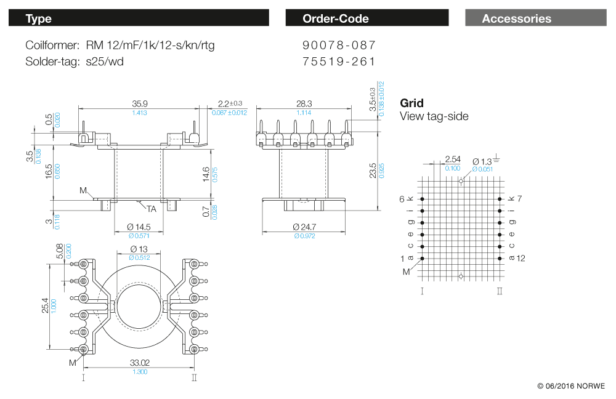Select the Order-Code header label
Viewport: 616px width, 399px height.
point(336,18)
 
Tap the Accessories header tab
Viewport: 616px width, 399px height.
point(516,18)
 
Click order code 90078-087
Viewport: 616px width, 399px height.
point(339,46)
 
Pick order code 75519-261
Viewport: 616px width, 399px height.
point(339,62)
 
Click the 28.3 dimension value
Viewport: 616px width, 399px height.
point(304,103)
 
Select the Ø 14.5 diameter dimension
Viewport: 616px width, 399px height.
point(140,227)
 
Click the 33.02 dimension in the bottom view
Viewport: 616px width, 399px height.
point(140,363)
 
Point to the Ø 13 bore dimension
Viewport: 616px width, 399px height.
point(139,249)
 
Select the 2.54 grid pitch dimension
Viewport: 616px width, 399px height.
point(452,159)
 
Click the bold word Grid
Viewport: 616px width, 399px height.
point(411,103)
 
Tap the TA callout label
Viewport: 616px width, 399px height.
point(151,209)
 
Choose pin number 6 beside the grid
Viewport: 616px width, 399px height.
point(402,199)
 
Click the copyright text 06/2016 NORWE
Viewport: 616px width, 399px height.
point(571,386)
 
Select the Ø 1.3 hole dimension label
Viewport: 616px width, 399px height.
point(482,161)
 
